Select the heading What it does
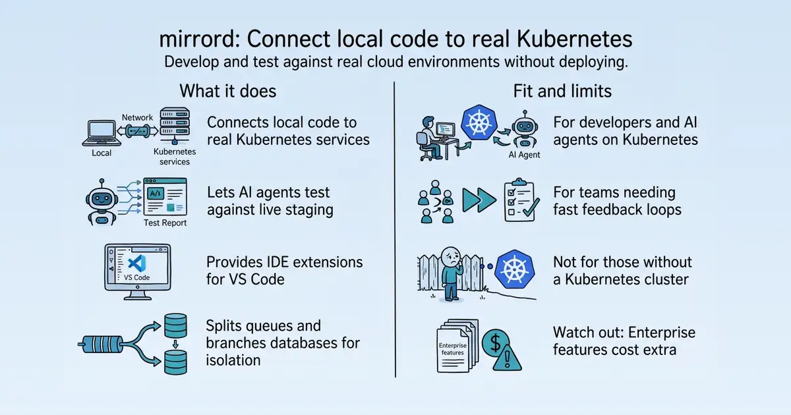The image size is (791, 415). (228, 91)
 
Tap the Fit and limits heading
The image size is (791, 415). (562, 91)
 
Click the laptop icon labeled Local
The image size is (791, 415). (102, 133)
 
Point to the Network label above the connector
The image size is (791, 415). (137, 117)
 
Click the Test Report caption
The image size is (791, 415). (165, 223)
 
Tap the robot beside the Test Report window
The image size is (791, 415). (102, 203)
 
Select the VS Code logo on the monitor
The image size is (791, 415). (137, 263)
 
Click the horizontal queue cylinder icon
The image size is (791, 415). (102, 344)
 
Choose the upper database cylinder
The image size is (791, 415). (175, 325)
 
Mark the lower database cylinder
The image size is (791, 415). (175, 362)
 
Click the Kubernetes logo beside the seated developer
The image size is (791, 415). (479, 123)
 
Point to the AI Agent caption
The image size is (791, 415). (524, 155)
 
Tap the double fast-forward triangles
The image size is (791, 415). (479, 200)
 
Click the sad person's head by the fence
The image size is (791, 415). (451, 258)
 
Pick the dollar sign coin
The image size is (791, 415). (496, 343)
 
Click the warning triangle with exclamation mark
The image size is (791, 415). (507, 357)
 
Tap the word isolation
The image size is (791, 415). (233, 360)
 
